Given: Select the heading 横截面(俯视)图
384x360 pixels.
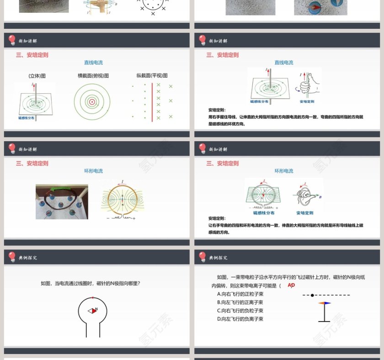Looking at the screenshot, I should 93,76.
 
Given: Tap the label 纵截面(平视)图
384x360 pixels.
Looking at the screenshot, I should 152,76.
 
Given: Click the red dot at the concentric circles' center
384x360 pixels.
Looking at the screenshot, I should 92,102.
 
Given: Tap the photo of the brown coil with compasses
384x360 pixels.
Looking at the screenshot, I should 62,201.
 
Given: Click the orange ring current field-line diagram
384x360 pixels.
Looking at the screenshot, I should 122,201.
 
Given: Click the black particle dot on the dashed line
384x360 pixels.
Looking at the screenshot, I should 312,295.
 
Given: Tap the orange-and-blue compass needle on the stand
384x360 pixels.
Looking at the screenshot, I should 324,303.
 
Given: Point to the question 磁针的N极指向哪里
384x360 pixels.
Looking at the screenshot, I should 90,283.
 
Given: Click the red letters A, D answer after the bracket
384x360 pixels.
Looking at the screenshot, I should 291,285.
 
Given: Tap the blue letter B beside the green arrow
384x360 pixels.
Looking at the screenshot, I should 320,197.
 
